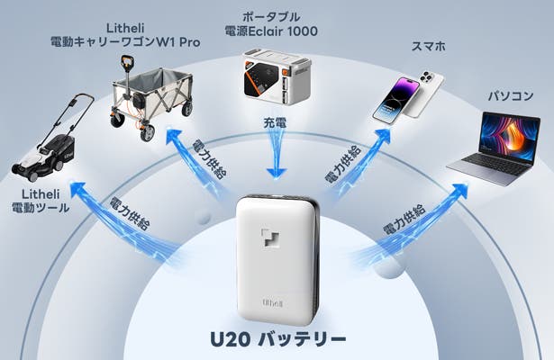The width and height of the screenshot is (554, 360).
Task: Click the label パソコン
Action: (x=510, y=94)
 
